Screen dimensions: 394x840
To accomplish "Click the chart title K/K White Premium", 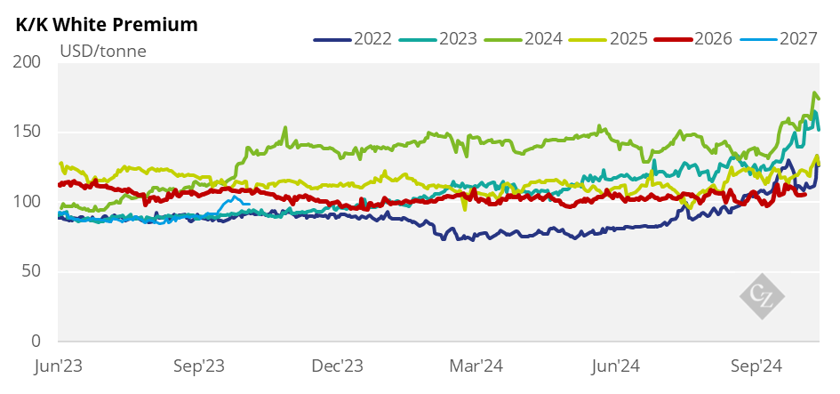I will click(x=107, y=24).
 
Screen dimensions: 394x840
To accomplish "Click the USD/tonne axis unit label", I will click(x=102, y=51).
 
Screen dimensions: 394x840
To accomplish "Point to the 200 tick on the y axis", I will click(x=28, y=62).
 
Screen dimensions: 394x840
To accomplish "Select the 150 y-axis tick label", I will click(x=28, y=133).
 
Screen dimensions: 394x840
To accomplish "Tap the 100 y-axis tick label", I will click(x=28, y=202).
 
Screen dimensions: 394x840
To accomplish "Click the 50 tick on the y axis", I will click(x=32, y=271).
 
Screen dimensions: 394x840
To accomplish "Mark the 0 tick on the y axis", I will click(x=36, y=342).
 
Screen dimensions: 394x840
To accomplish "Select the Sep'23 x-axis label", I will click(x=198, y=366).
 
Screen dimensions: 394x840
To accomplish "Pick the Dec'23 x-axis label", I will click(x=339, y=366).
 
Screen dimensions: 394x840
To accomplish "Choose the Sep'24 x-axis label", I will click(x=756, y=366).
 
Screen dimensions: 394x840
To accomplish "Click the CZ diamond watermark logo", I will click(x=764, y=294).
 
